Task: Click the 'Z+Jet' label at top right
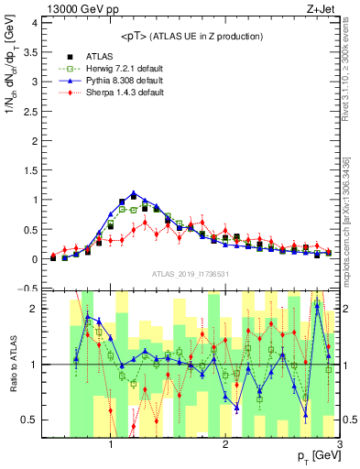click(322, 8)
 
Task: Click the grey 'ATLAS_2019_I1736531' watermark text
click(191, 274)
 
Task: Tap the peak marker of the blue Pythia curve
click(134, 194)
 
